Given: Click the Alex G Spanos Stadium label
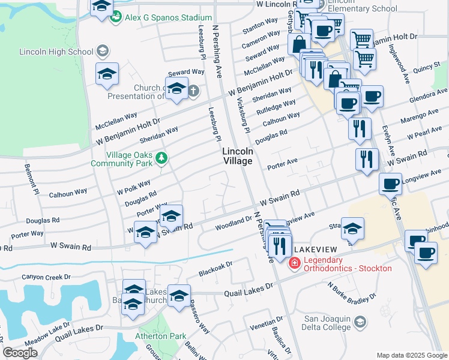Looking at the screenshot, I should coord(168,18).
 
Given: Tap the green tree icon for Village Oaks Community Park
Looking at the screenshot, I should coord(161,158).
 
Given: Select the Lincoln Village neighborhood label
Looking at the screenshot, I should coord(238,157).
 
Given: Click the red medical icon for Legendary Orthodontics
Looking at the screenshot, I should coord(295,263).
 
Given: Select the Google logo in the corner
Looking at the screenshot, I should coord(20,353).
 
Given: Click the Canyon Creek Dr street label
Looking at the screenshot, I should coord(46,277).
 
